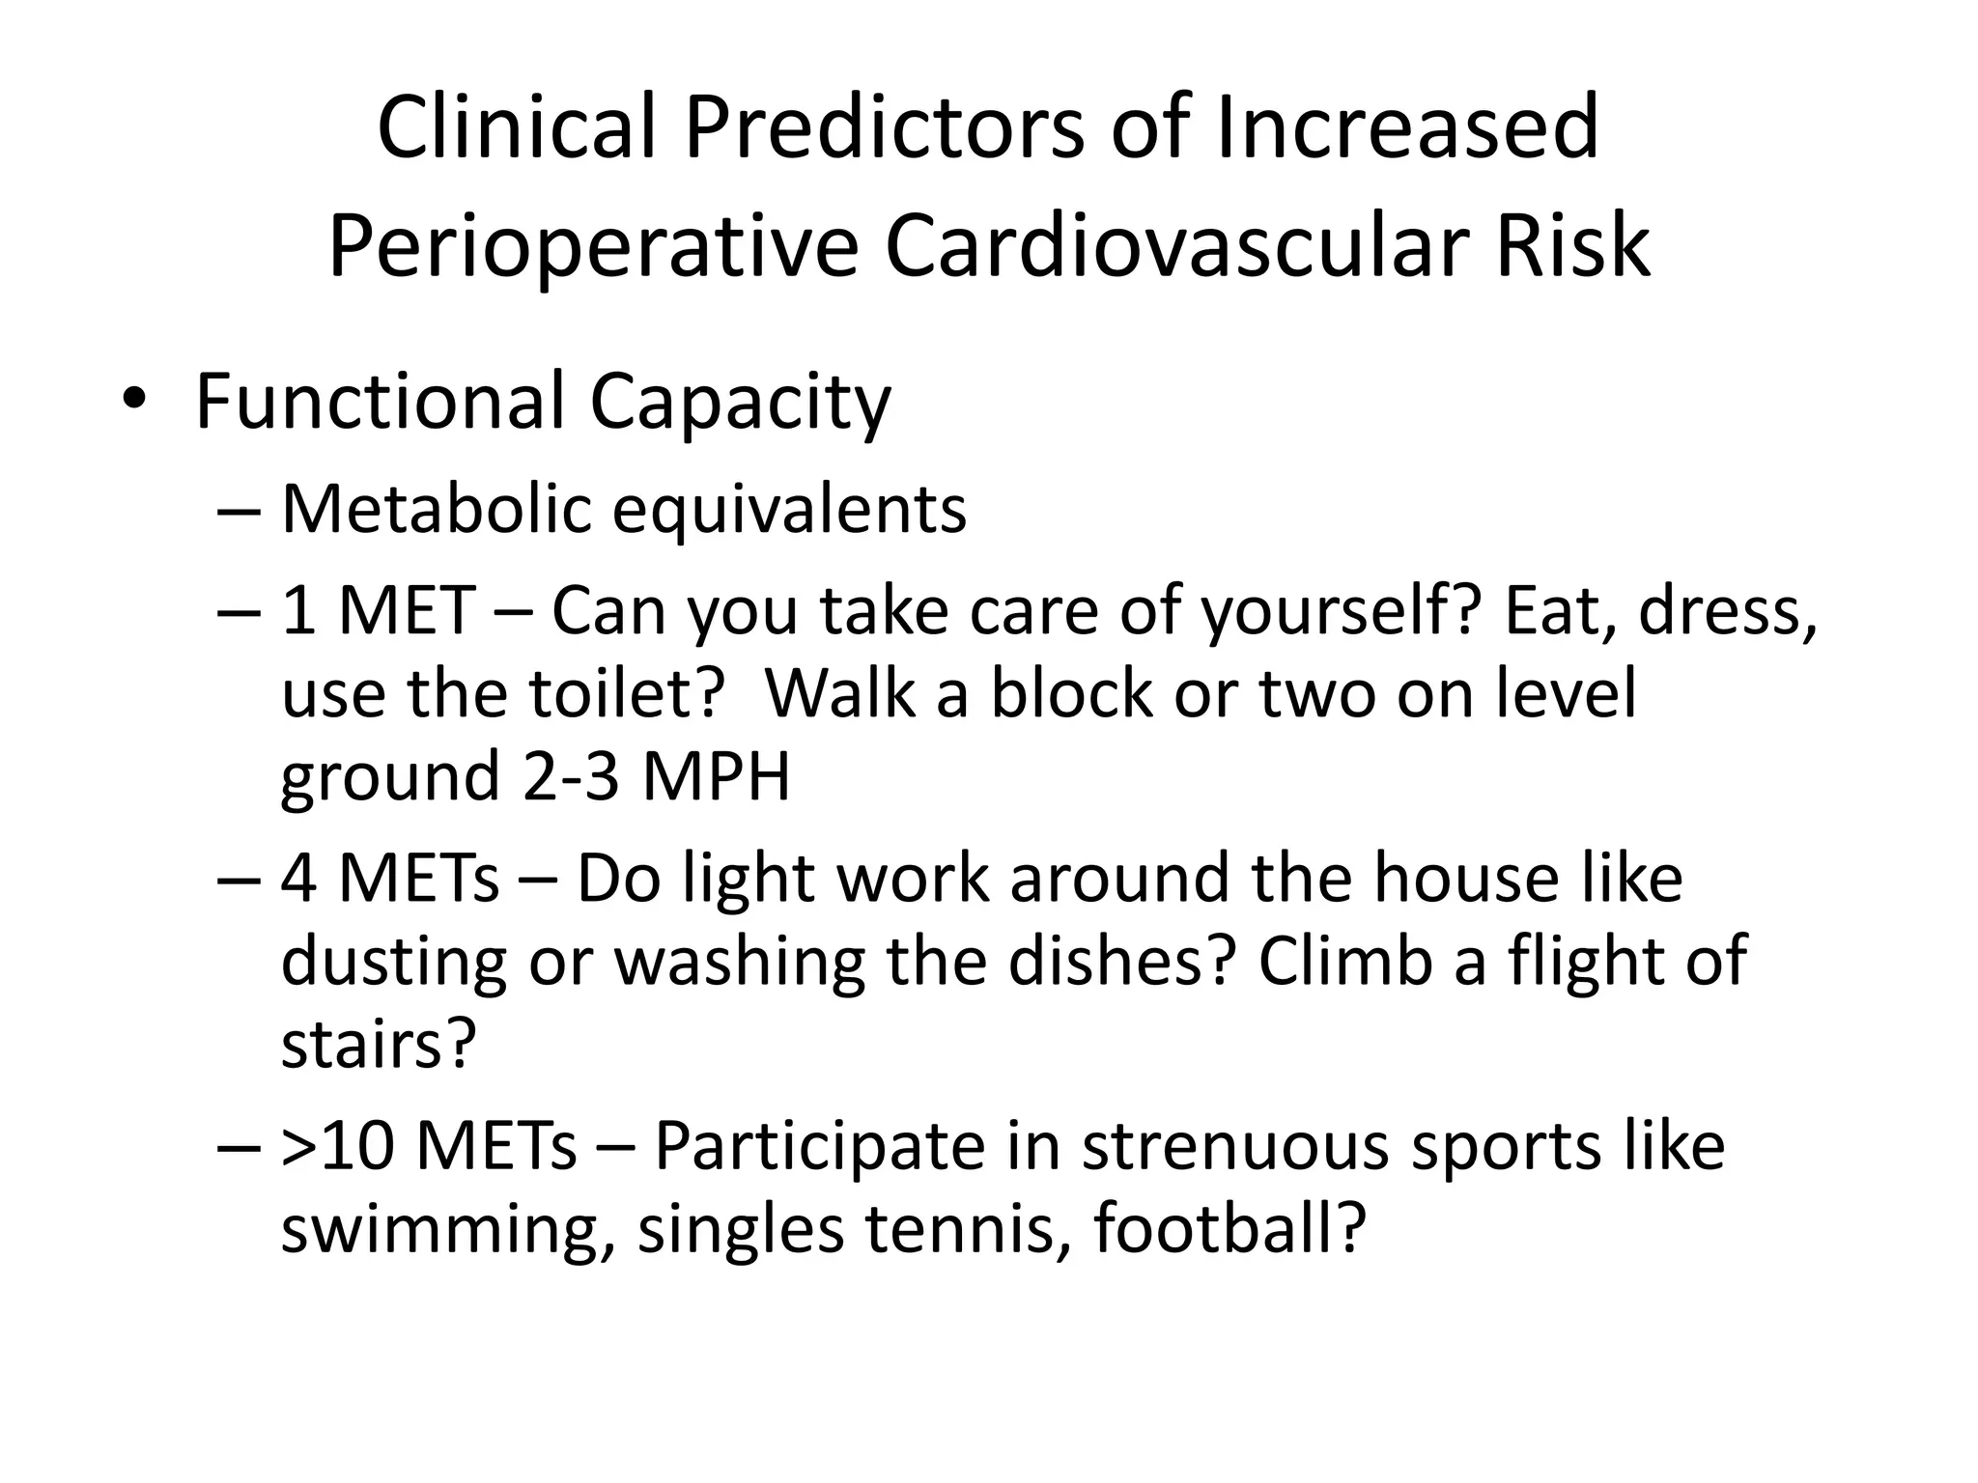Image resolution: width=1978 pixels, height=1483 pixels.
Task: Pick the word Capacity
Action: pyautogui.click(x=740, y=404)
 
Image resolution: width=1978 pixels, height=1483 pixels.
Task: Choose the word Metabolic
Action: pyautogui.click(x=436, y=509)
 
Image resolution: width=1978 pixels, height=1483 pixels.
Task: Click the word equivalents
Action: pyautogui.click(x=789, y=511)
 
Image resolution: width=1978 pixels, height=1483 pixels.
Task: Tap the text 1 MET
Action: pyautogui.click(x=378, y=611)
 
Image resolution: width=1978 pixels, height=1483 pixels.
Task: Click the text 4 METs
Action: pyautogui.click(x=390, y=879)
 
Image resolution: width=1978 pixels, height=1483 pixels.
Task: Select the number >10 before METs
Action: pyautogui.click(x=338, y=1147)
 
